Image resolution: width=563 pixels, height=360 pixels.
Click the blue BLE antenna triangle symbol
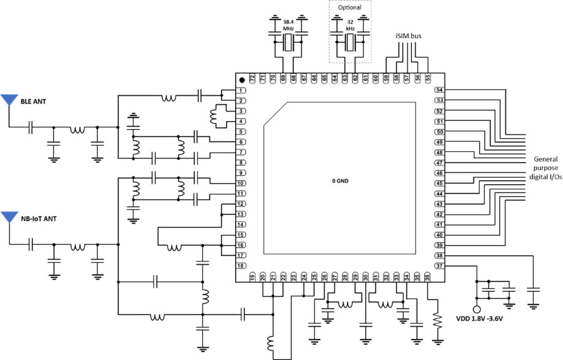(x=9, y=100)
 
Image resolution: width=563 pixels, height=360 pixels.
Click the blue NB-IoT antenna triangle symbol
(x=9, y=217)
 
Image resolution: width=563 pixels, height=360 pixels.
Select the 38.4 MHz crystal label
(x=289, y=25)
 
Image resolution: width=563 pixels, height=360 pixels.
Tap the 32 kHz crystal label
(x=350, y=25)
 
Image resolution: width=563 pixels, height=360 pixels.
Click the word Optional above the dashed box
(x=350, y=7)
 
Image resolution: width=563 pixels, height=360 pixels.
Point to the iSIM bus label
(x=408, y=36)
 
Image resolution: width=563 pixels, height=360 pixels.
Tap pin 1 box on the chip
(x=242, y=90)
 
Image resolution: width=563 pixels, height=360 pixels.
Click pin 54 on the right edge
(x=440, y=90)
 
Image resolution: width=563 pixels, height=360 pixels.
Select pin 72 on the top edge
(x=252, y=79)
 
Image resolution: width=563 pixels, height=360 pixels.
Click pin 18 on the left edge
(x=242, y=265)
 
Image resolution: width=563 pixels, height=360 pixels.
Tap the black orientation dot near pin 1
(x=243, y=80)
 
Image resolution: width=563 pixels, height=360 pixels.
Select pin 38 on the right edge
(x=440, y=255)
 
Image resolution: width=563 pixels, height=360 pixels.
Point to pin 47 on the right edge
(x=440, y=163)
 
